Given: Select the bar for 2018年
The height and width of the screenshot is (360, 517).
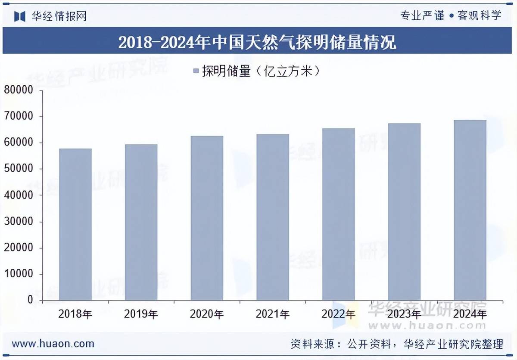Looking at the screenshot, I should coord(75,224).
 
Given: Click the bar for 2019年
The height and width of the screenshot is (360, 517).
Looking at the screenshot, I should coord(141,222).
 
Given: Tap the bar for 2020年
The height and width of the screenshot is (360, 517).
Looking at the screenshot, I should coord(207,218).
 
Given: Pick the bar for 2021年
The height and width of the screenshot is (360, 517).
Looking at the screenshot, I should coord(273,217).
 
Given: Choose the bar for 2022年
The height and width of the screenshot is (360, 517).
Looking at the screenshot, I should coord(339,214).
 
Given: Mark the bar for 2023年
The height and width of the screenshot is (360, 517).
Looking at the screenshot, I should coord(404,211).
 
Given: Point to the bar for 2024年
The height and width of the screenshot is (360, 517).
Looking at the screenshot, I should coord(470,210).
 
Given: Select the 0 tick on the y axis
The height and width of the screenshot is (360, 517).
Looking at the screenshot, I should coord(30,300).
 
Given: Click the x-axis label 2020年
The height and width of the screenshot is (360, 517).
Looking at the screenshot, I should coord(207,314).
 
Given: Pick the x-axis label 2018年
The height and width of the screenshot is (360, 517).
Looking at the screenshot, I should coord(75,314).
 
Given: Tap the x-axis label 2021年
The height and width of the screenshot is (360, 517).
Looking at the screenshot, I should coord(273,314).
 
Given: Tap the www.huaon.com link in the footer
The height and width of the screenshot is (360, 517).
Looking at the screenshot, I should coord(53,344).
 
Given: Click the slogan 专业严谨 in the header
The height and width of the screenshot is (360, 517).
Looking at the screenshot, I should coord(422,16).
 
